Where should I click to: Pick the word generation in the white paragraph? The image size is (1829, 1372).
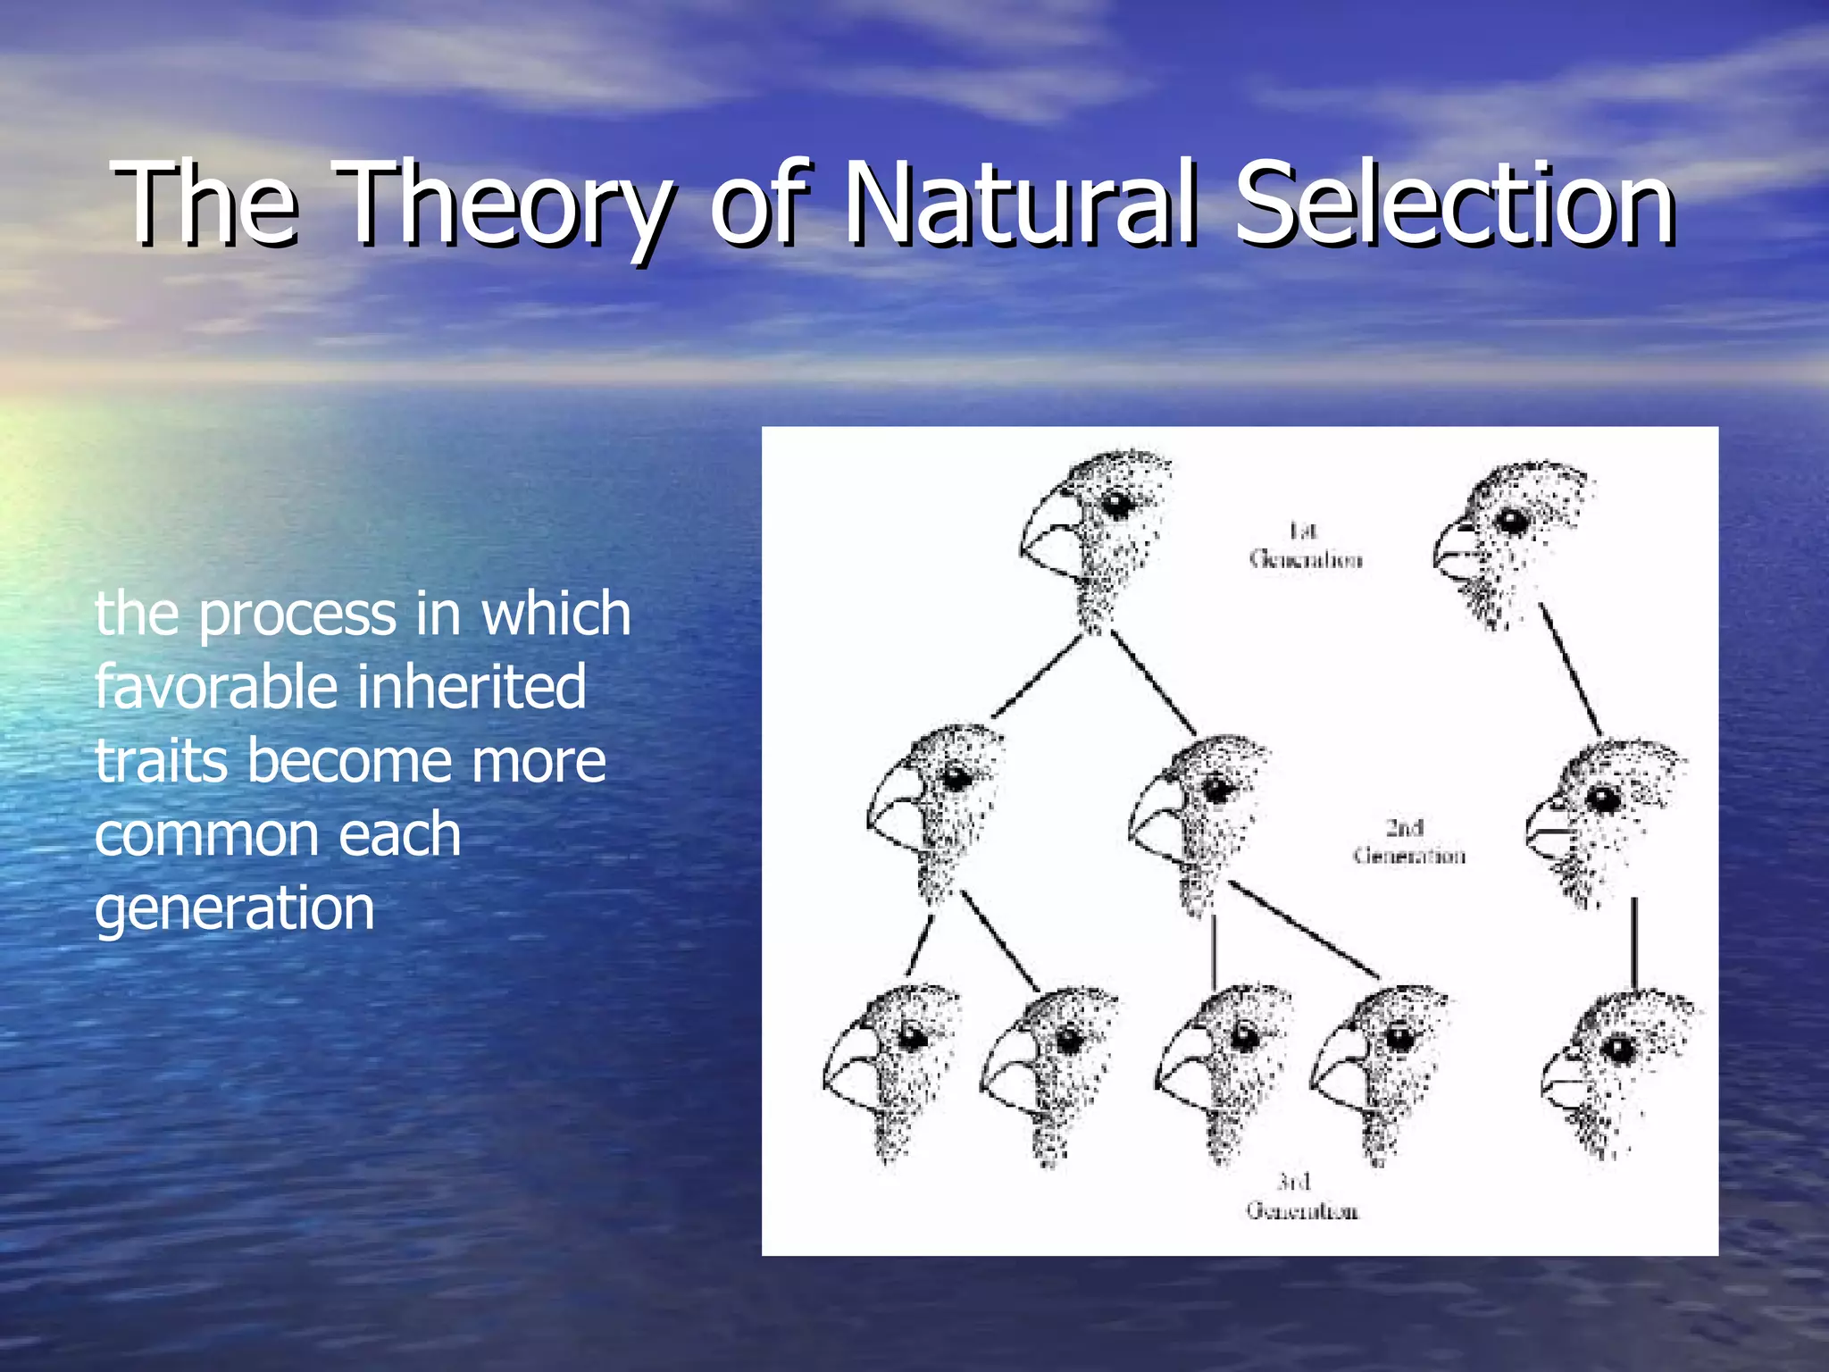point(234,909)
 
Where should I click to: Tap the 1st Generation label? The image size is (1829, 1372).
point(1306,546)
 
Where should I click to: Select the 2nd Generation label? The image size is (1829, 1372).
point(1408,842)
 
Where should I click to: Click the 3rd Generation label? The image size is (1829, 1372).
point(1302,1197)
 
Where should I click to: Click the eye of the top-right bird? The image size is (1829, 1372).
point(1512,520)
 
